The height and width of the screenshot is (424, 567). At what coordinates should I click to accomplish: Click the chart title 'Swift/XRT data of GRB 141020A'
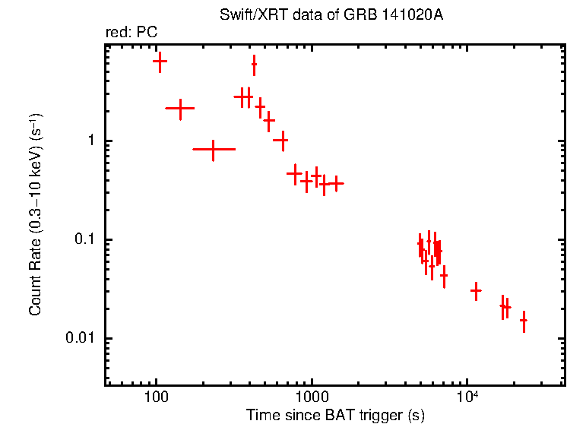coord(335,15)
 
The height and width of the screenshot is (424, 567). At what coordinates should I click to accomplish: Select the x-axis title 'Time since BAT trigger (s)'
coord(335,415)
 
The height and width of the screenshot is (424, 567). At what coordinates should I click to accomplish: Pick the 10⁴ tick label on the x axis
coord(467,397)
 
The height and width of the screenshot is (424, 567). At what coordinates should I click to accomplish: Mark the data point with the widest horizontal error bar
coord(214,150)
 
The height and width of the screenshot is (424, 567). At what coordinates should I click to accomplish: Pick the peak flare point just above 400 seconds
coord(254,66)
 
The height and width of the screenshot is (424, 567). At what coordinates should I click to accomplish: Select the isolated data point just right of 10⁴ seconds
coord(476,290)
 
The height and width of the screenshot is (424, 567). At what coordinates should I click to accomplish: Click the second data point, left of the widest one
coord(180,109)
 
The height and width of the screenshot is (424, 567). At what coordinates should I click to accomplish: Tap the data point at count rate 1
coord(281,141)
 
